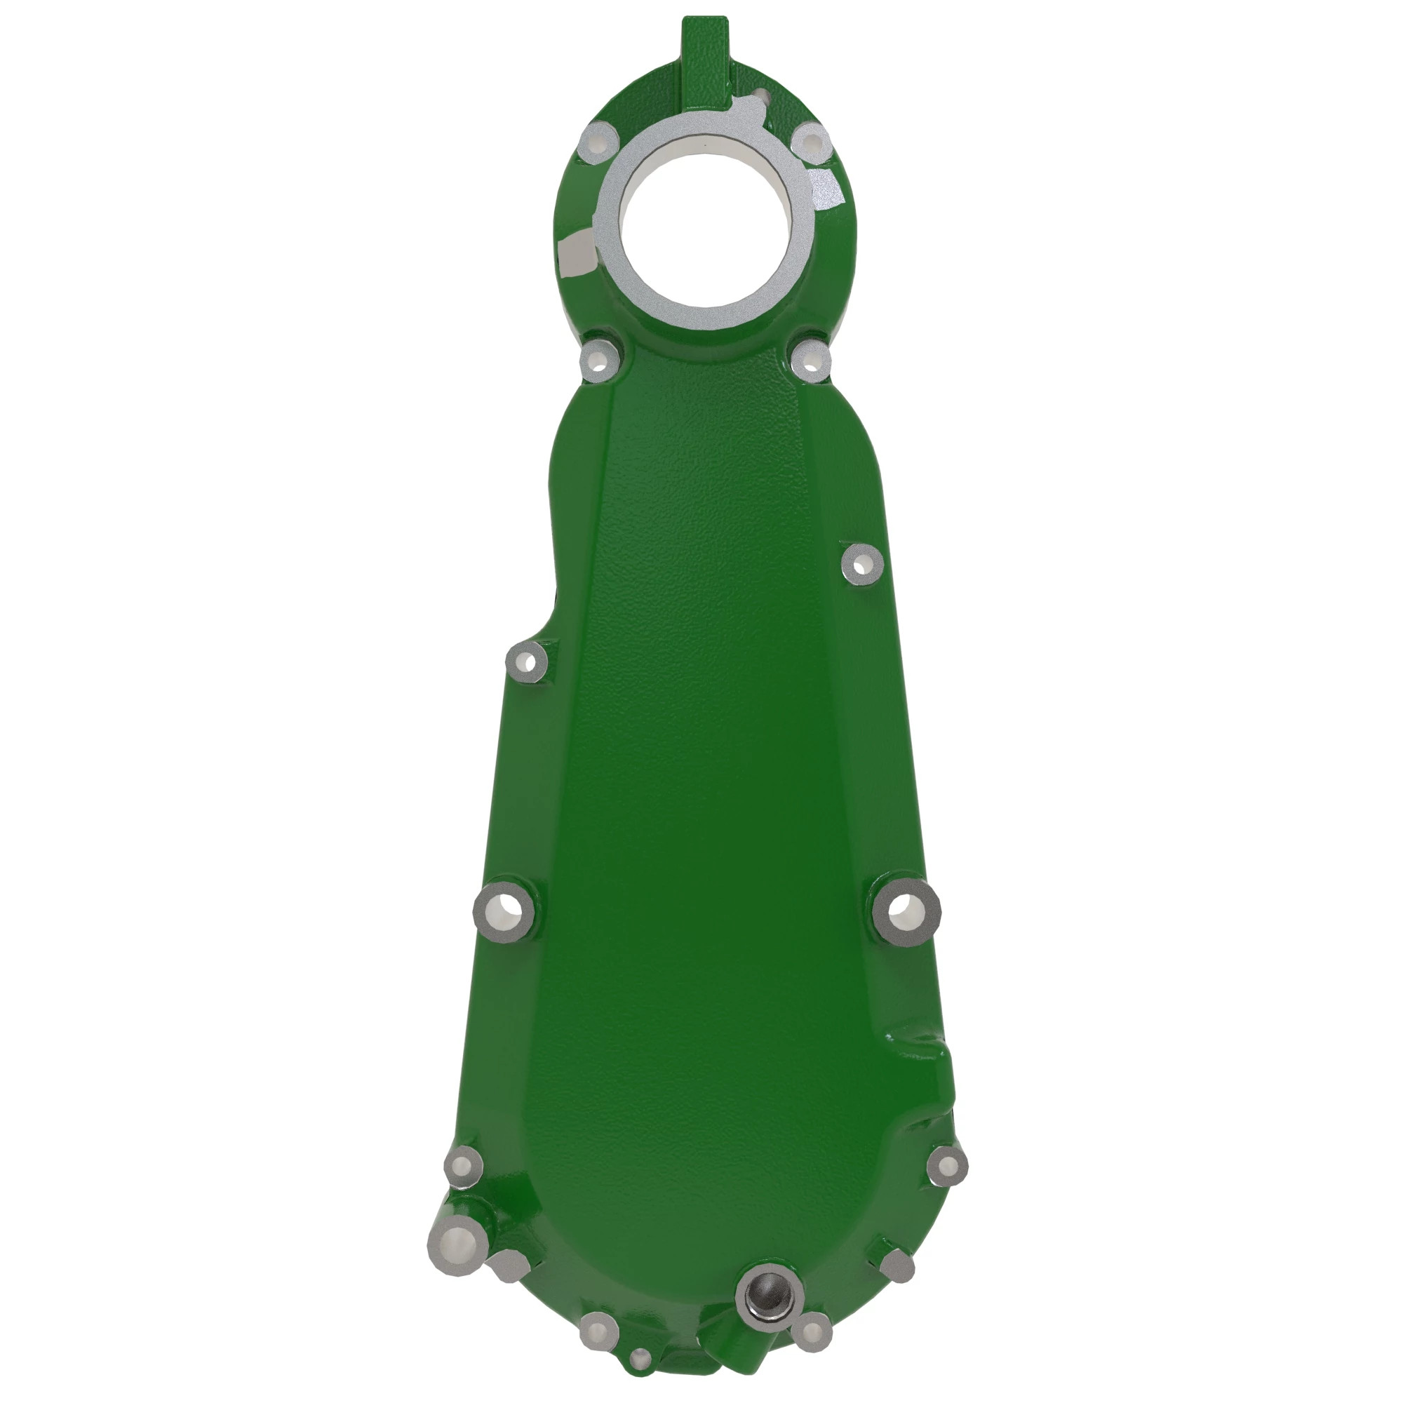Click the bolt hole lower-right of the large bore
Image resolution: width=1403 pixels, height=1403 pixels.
(x=810, y=359)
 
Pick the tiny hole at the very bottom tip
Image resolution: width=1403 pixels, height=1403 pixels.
(x=640, y=1355)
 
